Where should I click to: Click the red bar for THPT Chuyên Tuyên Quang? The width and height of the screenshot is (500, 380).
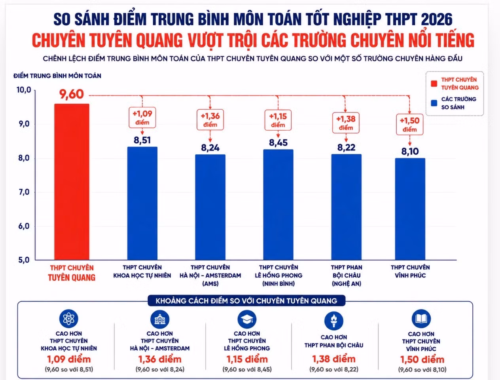pyautogui.click(x=72, y=182)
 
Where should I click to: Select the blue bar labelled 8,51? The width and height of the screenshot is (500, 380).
pyautogui.click(x=142, y=203)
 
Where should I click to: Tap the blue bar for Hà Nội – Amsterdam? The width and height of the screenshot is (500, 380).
pyautogui.click(x=210, y=207)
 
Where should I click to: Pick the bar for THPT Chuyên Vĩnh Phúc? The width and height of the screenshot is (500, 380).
pyautogui.click(x=410, y=209)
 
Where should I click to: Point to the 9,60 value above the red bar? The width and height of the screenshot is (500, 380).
pyautogui.click(x=72, y=94)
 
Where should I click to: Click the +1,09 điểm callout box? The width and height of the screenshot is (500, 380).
pyautogui.click(x=142, y=118)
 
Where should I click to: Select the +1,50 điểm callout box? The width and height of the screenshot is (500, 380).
pyautogui.click(x=409, y=124)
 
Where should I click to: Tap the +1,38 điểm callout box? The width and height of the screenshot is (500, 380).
pyautogui.click(x=346, y=123)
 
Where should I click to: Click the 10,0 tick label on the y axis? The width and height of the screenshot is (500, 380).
pyautogui.click(x=24, y=90)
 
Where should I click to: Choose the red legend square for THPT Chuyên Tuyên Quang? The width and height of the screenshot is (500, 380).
pyautogui.click(x=434, y=84)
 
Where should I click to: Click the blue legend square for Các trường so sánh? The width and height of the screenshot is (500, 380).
pyautogui.click(x=434, y=103)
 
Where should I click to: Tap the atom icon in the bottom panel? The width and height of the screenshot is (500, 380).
pyautogui.click(x=68, y=319)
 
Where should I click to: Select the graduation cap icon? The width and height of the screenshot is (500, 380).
pyautogui.click(x=247, y=319)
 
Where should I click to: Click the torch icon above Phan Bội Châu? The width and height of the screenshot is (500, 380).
pyautogui.click(x=334, y=321)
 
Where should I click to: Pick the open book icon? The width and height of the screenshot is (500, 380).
pyautogui.click(x=421, y=319)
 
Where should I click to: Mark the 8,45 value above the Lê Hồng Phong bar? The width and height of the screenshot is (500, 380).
pyautogui.click(x=278, y=143)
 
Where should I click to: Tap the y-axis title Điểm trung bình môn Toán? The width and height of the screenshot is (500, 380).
pyautogui.click(x=57, y=76)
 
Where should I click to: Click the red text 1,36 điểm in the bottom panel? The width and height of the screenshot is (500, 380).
pyautogui.click(x=160, y=359)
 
